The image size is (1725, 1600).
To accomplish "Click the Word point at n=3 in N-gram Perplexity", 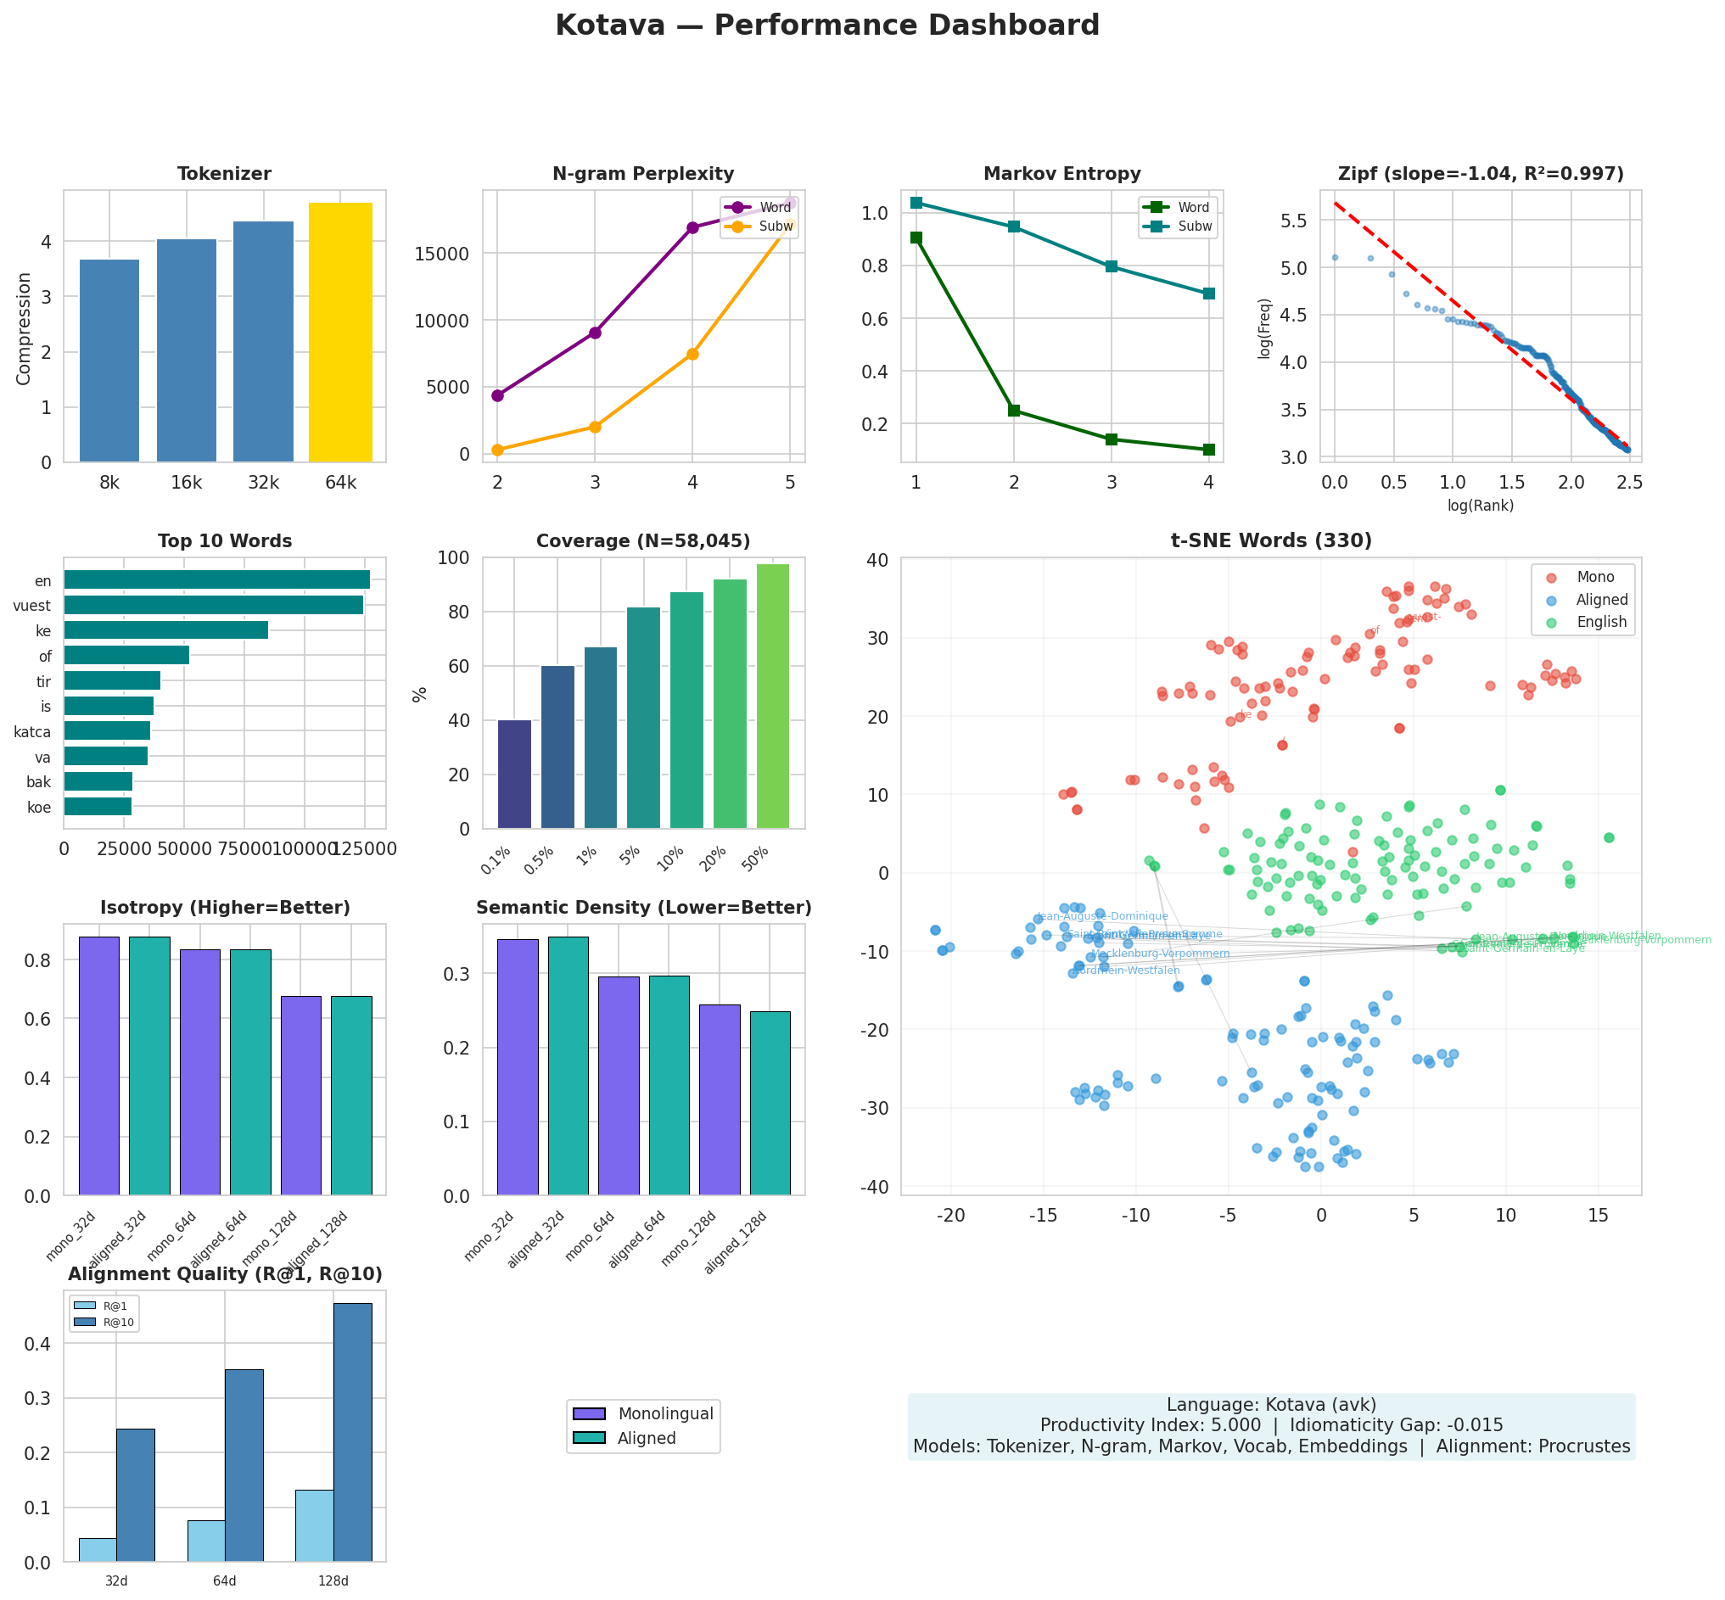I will coord(594,333).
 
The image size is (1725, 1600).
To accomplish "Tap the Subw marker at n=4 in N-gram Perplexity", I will coord(692,354).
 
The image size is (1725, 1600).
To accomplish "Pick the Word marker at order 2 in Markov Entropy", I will coord(1013,411).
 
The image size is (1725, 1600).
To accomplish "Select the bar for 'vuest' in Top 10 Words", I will coord(213,605).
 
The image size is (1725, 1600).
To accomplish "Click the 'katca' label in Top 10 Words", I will coord(32,732).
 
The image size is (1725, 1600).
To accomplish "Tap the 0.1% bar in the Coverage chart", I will coord(514,774).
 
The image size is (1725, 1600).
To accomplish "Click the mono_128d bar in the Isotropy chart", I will coord(300,1095).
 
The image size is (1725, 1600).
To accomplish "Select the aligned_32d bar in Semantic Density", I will coord(568,1066).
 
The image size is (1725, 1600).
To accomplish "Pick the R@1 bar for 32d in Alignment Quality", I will coord(97,1550).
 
